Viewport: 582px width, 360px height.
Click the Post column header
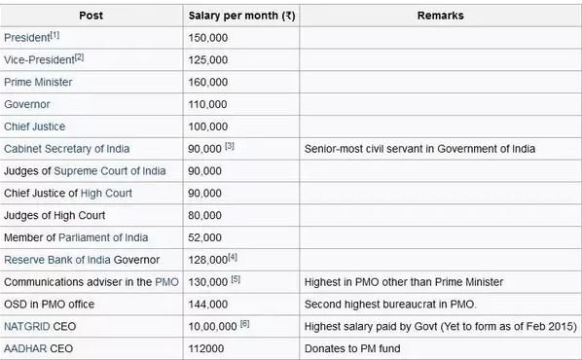(x=91, y=16)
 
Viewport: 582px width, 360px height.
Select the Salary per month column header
(x=240, y=16)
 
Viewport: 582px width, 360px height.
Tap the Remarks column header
(x=440, y=16)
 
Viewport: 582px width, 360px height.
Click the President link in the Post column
(x=26, y=37)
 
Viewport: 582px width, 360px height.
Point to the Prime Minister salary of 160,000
(x=207, y=82)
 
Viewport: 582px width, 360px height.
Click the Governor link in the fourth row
(x=27, y=104)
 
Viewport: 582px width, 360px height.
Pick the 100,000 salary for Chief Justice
(x=207, y=126)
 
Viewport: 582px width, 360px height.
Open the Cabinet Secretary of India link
(x=67, y=148)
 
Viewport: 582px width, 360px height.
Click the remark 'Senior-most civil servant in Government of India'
(x=419, y=148)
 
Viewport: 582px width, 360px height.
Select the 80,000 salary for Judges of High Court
(x=204, y=215)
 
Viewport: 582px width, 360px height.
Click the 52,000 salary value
(x=204, y=237)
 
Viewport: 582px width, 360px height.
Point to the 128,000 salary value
(x=207, y=260)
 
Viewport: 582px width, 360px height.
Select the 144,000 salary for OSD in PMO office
(x=207, y=304)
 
